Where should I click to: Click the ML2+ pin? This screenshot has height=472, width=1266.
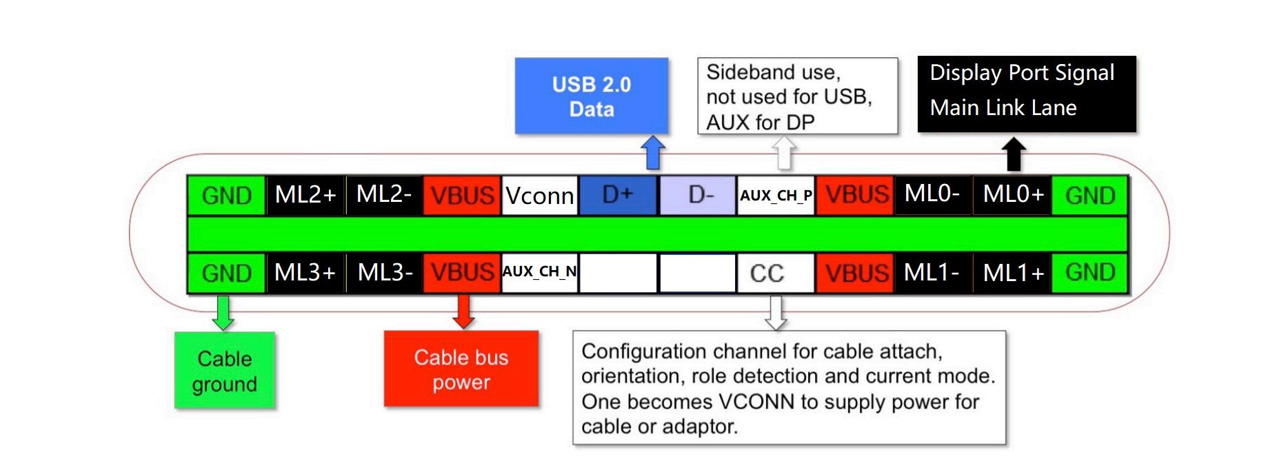[x=305, y=195]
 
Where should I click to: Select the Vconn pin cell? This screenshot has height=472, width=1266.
[x=539, y=196]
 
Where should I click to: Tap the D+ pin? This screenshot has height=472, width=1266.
[x=618, y=195]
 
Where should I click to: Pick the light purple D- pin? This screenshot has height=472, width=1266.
[x=698, y=195]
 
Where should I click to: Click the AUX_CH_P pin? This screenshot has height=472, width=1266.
[x=776, y=196]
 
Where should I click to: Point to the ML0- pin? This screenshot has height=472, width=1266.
[x=932, y=195]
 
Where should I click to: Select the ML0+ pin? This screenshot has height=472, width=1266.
[x=1012, y=195]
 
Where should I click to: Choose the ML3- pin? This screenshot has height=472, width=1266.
[x=385, y=273]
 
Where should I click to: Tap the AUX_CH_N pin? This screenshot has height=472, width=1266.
[x=539, y=273]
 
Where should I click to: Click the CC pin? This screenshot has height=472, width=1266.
[x=776, y=274]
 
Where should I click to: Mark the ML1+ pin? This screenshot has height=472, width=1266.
[x=1012, y=274]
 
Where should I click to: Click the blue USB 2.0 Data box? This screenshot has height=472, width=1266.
[x=592, y=96]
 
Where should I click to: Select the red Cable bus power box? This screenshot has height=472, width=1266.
[x=461, y=369]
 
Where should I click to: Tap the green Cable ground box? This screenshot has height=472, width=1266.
[x=225, y=371]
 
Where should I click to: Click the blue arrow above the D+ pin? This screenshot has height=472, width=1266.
[x=653, y=152]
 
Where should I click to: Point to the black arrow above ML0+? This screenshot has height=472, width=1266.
[x=1013, y=154]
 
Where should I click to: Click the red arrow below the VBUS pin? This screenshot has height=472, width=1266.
[x=463, y=312]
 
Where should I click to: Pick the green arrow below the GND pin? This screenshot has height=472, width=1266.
[x=223, y=313]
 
